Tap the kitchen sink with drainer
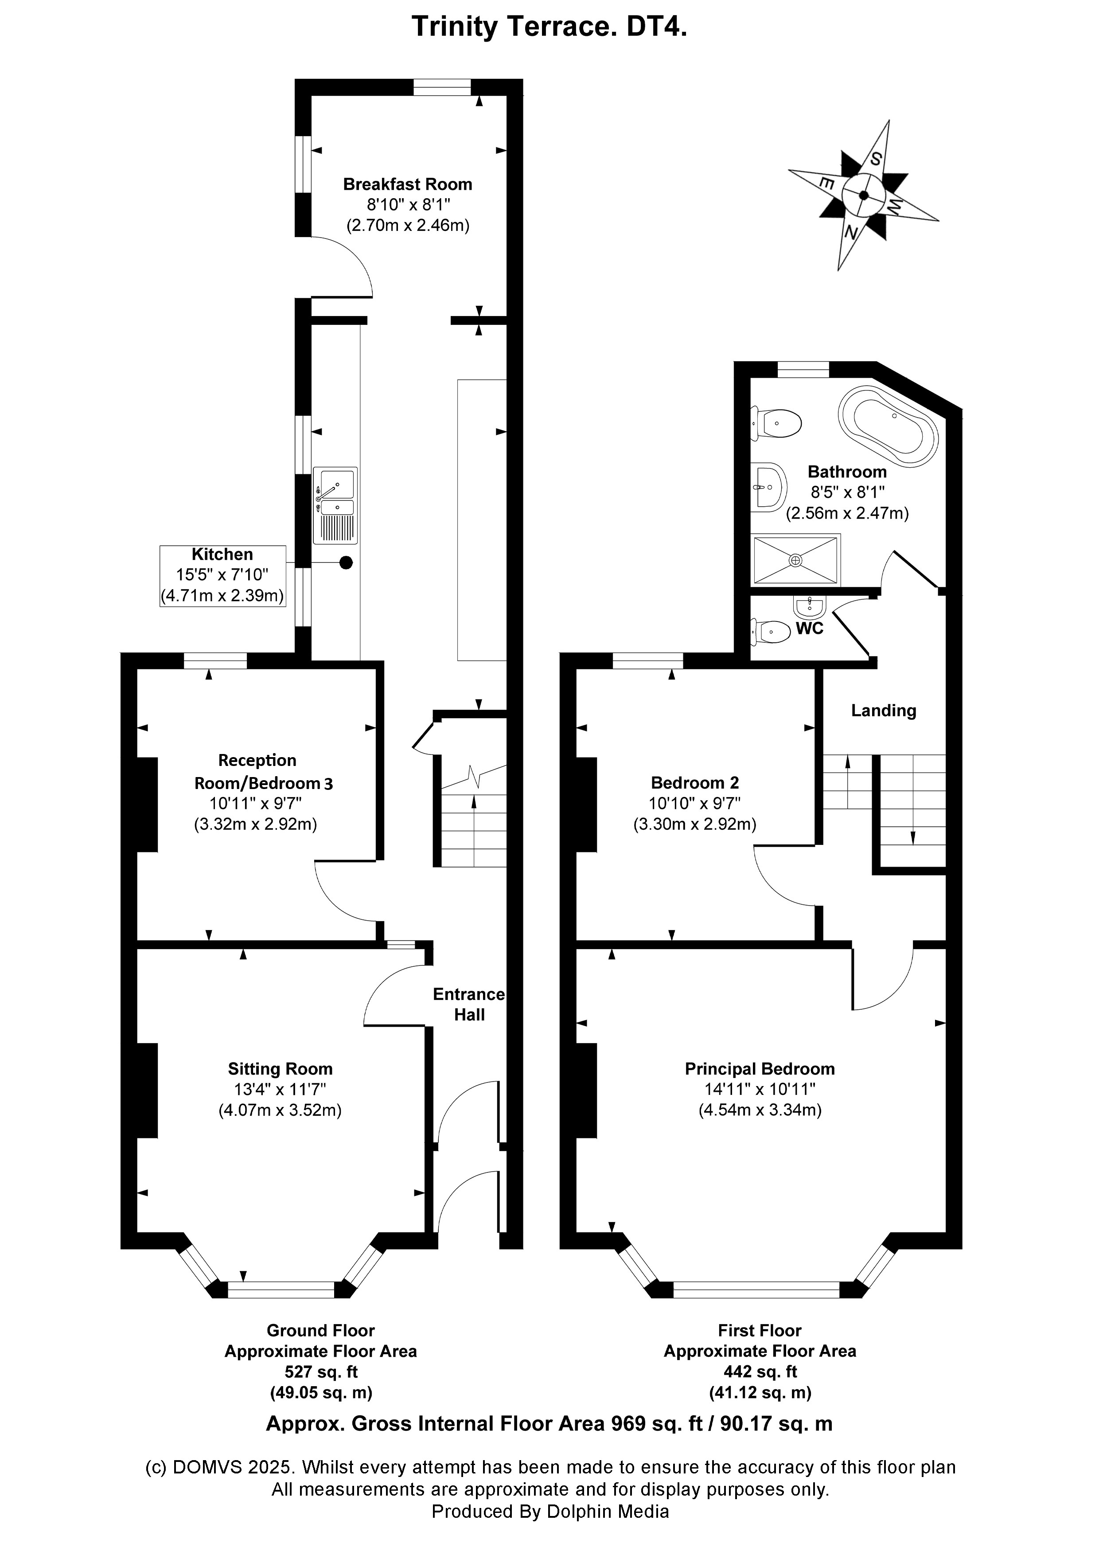[x=335, y=505]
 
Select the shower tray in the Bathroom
[x=796, y=560]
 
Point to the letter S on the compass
[x=876, y=160]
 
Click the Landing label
[x=883, y=711]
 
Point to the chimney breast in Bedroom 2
[x=586, y=804]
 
